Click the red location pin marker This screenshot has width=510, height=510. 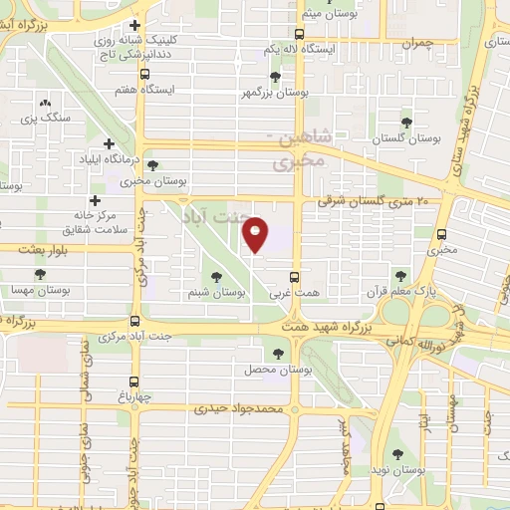point(256,235)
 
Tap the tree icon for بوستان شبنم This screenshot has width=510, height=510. point(216,277)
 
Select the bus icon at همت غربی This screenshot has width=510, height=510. point(294,278)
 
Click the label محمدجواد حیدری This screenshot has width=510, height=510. point(239,408)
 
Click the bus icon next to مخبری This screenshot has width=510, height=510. point(440,235)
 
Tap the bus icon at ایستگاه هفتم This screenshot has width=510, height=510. point(145,73)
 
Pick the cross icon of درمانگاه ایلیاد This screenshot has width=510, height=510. point(111,143)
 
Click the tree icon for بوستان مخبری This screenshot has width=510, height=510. point(151,166)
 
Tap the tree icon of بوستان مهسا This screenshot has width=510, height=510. point(40,274)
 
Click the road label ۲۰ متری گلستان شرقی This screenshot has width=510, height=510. point(379,201)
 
